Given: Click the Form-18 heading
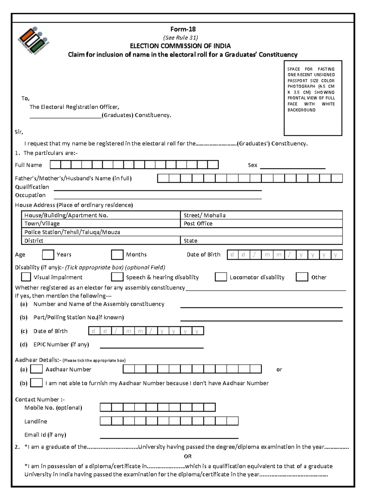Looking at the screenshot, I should point(183,29).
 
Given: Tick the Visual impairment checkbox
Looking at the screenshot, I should point(26,277).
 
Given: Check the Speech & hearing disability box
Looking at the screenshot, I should point(117,277).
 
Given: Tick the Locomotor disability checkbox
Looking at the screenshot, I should point(221,277).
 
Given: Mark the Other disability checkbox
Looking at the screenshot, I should point(302,277).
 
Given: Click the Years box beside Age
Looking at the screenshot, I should point(48,255).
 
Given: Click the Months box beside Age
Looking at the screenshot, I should point(117,255).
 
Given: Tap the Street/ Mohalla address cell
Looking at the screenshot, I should point(261,215).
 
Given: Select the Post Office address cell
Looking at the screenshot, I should point(261,223).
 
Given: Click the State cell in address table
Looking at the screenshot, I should point(261,241).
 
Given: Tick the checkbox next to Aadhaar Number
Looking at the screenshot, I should point(37,369).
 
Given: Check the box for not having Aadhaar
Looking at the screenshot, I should point(37,383).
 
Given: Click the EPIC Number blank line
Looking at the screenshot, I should point(152,346).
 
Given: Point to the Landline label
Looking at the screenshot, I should point(36,421).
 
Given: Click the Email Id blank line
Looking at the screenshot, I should point(169,436).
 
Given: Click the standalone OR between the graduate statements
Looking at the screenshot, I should point(188,456).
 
